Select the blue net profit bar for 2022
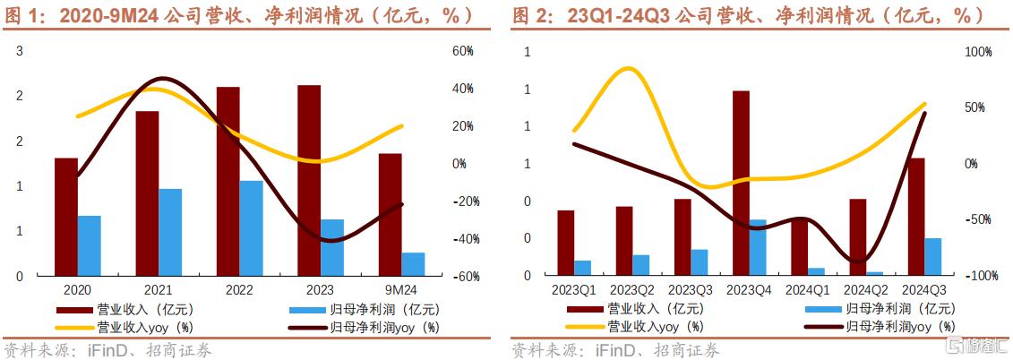[x=251, y=228]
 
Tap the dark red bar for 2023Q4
[x=741, y=183]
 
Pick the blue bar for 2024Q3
[x=932, y=257]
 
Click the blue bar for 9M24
[x=413, y=264]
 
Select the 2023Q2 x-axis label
[x=635, y=290]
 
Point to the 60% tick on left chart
[x=462, y=51]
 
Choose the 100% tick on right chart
[x=978, y=52]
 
